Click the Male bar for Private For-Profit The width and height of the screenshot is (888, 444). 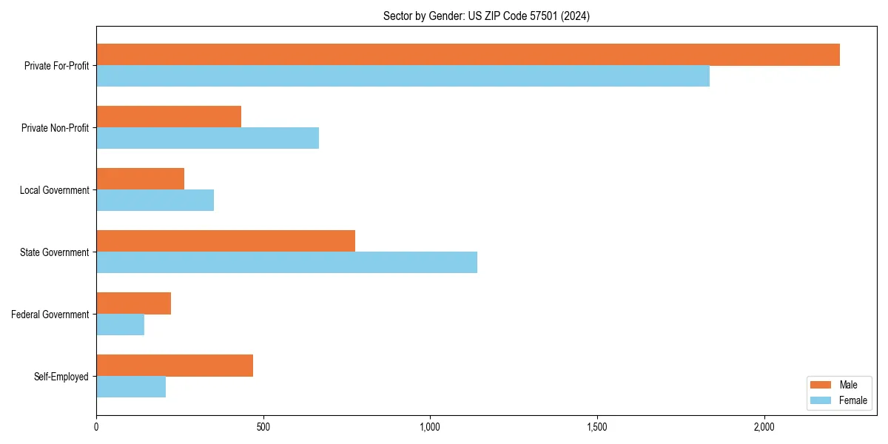(x=468, y=55)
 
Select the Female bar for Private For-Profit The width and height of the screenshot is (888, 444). (x=403, y=76)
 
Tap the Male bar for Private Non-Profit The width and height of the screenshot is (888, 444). (x=169, y=117)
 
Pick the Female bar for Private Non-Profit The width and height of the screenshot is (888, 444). (x=207, y=138)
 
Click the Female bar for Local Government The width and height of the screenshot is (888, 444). (x=155, y=201)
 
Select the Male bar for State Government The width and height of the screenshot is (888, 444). (x=226, y=241)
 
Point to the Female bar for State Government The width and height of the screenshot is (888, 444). (x=286, y=263)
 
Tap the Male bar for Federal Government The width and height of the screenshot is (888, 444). (x=133, y=303)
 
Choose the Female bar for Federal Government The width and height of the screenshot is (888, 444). (x=120, y=325)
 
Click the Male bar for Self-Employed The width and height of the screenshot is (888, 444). (x=175, y=366)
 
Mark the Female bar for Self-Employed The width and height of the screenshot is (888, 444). (x=131, y=387)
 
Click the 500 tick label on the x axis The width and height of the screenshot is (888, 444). (x=263, y=427)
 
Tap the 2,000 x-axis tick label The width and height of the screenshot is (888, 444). (x=764, y=427)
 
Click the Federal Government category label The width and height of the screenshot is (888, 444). (x=50, y=314)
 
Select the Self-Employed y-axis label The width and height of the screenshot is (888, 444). (x=61, y=377)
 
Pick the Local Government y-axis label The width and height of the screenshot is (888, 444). (x=54, y=190)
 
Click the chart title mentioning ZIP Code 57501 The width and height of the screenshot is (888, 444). (x=486, y=16)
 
